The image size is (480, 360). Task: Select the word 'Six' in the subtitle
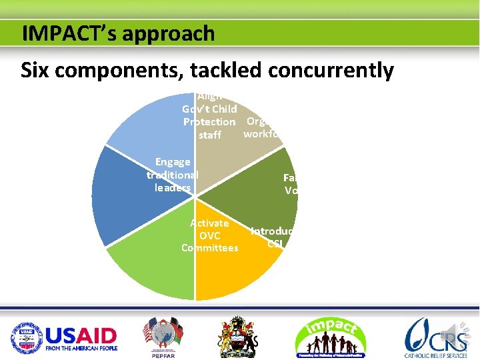pos(37,69)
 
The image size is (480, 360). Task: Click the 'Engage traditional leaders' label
pos(173,175)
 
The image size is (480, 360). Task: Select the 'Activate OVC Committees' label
pos(209,235)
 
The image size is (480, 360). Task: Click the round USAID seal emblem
pos(26,336)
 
